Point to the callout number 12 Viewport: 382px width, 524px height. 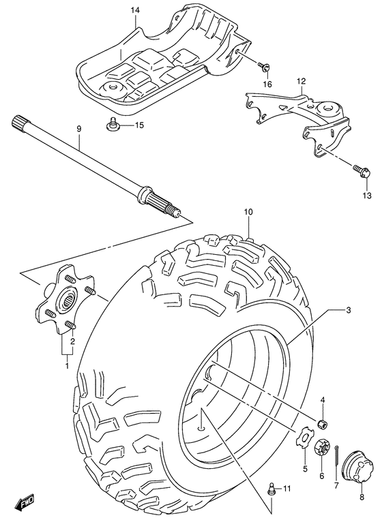pos(301,82)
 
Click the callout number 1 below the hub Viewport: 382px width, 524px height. pos(67,365)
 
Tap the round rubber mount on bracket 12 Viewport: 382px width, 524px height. pos(329,110)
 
